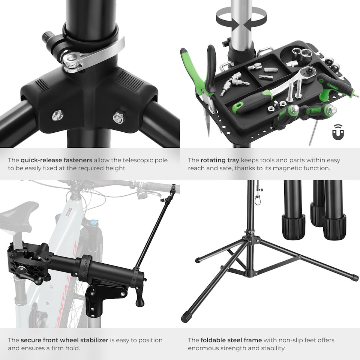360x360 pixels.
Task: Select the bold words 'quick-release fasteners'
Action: (x=57, y=160)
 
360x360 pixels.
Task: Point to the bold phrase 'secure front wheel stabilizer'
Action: (x=64, y=340)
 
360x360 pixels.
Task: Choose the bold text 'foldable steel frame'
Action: (x=231, y=340)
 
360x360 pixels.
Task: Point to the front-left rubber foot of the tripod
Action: (x=185, y=318)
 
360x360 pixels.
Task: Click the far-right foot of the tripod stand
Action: (x=354, y=278)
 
